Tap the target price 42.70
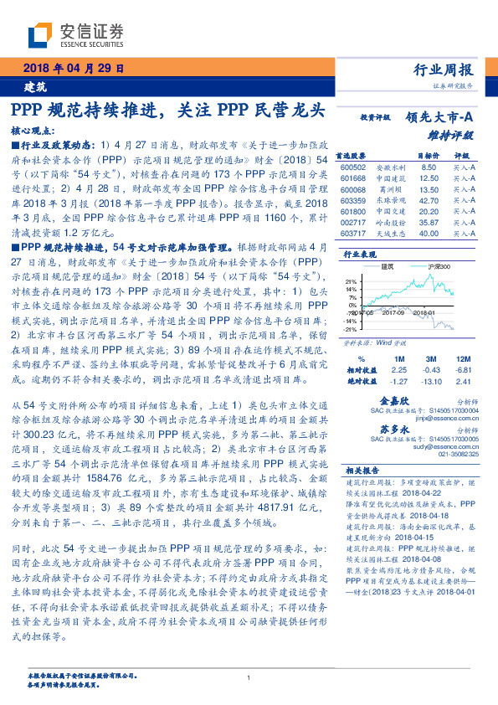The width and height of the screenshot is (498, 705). pos(428,201)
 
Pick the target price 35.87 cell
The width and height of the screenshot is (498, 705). pos(428,223)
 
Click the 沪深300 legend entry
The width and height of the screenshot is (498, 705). pos(439,265)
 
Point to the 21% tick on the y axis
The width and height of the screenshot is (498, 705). pos(352,280)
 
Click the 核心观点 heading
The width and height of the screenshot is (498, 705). pos(34,131)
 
